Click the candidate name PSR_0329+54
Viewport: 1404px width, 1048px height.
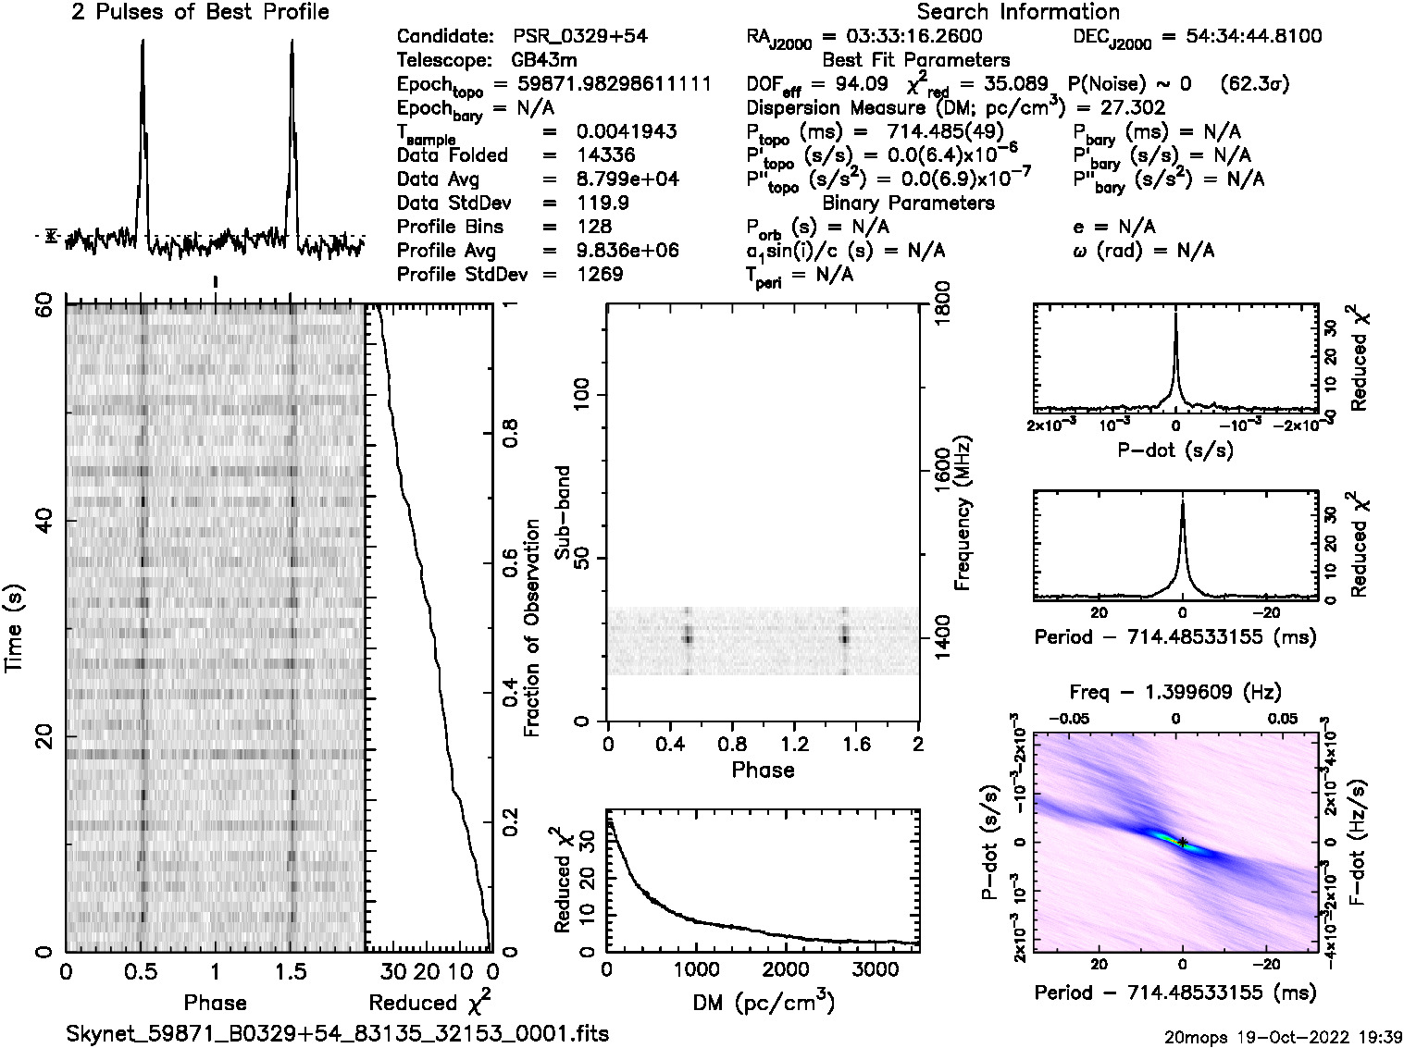coord(580,37)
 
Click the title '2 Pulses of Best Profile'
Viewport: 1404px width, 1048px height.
coord(200,13)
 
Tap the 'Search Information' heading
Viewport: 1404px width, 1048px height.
coord(1018,13)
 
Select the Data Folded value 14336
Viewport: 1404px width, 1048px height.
coord(607,155)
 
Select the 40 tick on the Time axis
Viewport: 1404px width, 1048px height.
coord(42,522)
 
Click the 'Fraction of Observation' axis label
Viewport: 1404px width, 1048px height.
coord(532,628)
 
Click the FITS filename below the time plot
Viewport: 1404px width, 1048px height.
coord(338,1033)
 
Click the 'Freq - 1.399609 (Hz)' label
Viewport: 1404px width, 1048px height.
coord(1175,692)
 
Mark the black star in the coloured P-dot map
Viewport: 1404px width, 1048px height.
coord(1183,842)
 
